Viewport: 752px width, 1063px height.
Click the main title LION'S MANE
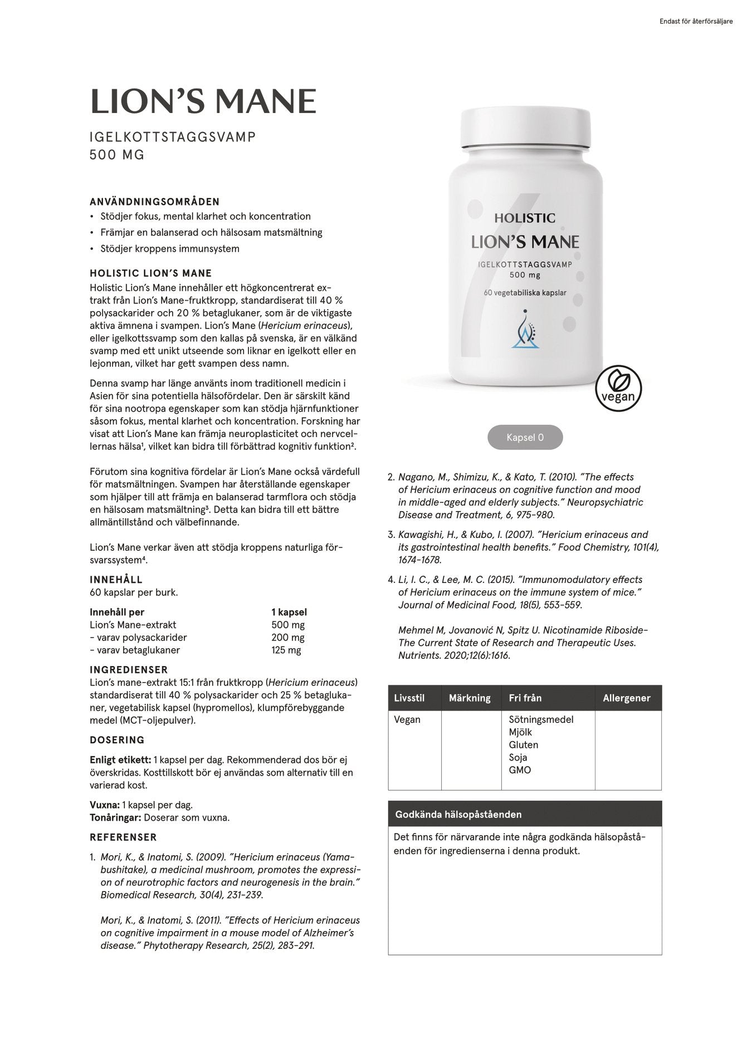point(203,101)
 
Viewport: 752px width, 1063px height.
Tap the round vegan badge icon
point(618,388)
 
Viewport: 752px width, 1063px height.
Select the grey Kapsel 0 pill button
point(525,438)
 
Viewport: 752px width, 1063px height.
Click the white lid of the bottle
point(525,128)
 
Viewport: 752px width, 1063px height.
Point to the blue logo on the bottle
point(525,330)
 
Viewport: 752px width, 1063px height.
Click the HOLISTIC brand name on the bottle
point(525,218)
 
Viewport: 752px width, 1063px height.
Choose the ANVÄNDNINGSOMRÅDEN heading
point(155,202)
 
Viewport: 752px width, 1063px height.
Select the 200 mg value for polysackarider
point(288,638)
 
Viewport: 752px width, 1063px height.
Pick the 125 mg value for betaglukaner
point(286,650)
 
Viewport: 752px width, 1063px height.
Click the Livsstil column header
point(409,698)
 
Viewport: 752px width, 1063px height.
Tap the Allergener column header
point(627,698)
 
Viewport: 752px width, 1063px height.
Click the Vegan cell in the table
point(407,719)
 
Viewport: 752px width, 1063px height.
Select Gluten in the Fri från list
point(524,744)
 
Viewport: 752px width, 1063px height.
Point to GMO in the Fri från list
point(520,770)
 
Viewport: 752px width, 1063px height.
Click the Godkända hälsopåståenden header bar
point(525,814)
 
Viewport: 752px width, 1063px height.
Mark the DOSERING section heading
point(117,740)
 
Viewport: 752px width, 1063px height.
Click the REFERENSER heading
point(123,837)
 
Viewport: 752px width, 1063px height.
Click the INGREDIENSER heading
point(129,670)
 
